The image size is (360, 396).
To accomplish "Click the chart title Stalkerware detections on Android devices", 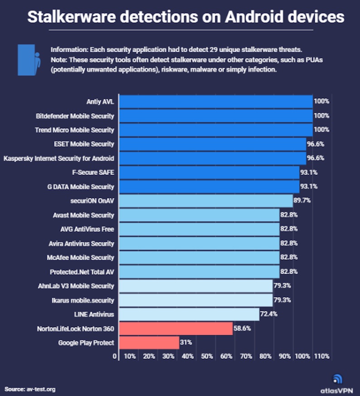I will pos(185,17).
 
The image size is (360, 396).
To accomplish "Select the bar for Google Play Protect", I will pos(149,343).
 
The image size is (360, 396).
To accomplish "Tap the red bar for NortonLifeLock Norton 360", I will pos(175,328).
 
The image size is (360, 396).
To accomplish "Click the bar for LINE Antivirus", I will pos(189,314).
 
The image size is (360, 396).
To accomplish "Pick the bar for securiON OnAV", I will pos(205,201).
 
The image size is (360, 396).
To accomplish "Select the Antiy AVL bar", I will pos(215,101).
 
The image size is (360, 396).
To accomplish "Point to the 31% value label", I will pos(186,343).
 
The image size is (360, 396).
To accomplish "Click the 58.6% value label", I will pos(242,328).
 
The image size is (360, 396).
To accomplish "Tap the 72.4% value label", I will pos(268,314).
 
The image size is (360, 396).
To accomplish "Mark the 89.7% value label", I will pos(302,201).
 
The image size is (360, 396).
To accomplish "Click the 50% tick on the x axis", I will pos(207,357).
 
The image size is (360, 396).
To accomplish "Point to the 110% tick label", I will pos(321,357).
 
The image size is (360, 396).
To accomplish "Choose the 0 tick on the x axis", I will pos(115,357).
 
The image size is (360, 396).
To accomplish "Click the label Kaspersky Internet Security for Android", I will pos(58,158).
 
